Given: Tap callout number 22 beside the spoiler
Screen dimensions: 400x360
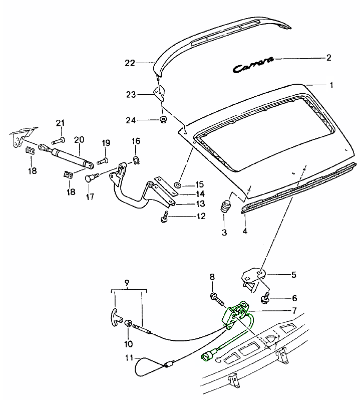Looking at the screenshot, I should pyautogui.click(x=130, y=63).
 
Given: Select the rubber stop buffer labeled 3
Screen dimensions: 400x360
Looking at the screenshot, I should pyautogui.click(x=226, y=207).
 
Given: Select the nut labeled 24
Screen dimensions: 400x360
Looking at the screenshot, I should pyautogui.click(x=163, y=119).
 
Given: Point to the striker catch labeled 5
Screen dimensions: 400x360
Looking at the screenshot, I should pyautogui.click(x=253, y=277).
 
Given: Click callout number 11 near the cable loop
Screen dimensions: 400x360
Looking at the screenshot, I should pyautogui.click(x=129, y=358).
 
